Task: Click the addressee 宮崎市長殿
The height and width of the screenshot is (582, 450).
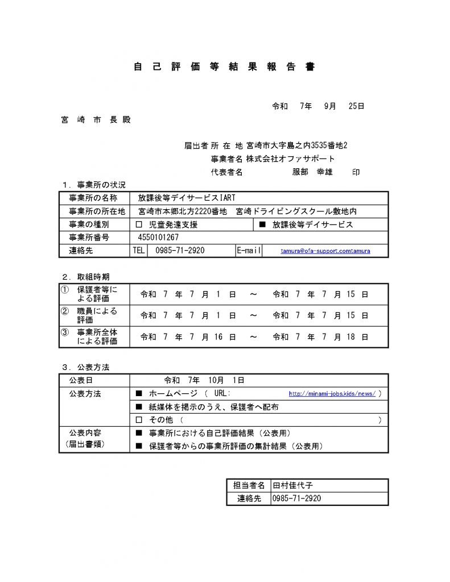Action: point(96,120)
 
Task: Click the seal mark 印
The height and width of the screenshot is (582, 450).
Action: point(356,172)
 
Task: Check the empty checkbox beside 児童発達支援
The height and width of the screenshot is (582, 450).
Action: point(140,225)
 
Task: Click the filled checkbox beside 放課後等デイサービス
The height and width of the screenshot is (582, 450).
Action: point(262,225)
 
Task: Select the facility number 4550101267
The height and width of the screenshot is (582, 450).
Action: point(158,238)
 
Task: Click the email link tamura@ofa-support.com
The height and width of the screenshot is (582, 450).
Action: point(325,251)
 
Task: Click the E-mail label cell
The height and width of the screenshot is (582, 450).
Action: point(249,251)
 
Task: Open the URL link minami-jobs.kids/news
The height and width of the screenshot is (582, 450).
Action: point(332,393)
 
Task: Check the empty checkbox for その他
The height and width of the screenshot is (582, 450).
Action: point(139,420)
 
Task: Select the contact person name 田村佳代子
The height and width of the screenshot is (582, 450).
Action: point(293,485)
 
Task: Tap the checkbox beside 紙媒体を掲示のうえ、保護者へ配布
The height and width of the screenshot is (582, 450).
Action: point(139,407)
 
